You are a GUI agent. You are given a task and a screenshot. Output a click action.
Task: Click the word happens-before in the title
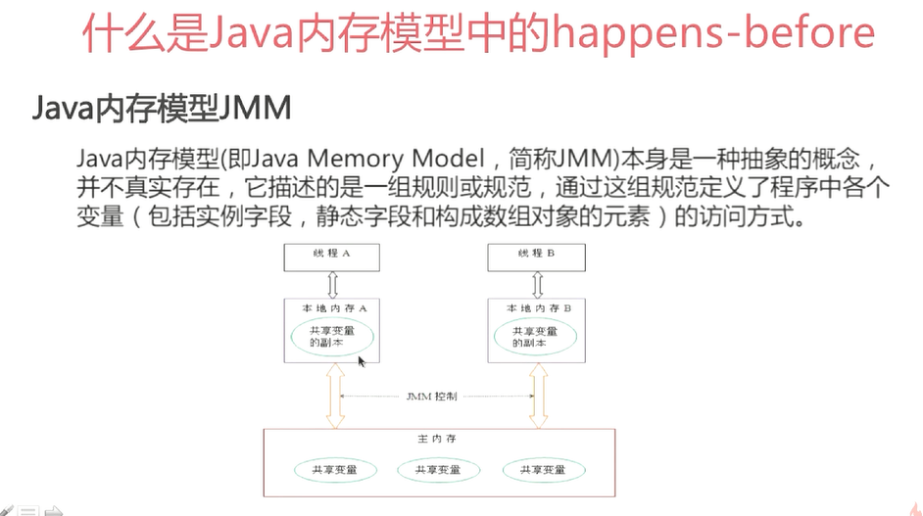713,32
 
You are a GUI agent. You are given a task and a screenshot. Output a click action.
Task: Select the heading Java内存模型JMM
162,109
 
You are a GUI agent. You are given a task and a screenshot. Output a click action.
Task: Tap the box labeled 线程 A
331,255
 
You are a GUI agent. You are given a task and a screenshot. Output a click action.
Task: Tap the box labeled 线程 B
537,255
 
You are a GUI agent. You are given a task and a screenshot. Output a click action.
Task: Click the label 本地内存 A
333,307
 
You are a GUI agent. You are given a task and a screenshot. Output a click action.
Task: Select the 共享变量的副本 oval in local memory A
331,337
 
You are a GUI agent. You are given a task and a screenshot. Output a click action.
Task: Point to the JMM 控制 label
431,397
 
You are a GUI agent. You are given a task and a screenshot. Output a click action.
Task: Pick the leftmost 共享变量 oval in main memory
334,470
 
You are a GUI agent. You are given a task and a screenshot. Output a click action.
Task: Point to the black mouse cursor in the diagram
362,362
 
